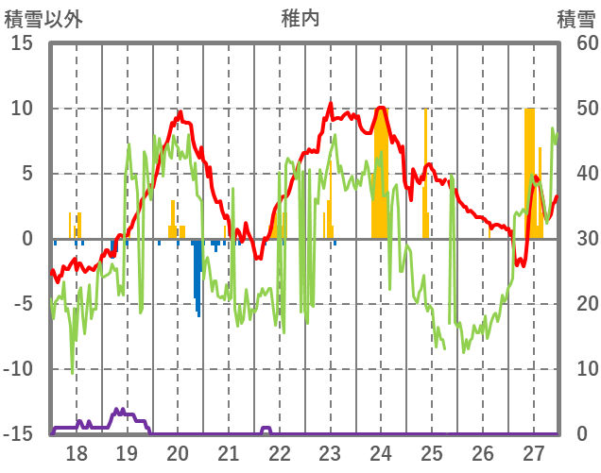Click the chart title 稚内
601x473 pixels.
[300, 18]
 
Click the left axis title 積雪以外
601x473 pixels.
[43, 18]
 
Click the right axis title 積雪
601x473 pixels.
[575, 18]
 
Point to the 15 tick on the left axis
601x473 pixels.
[22, 43]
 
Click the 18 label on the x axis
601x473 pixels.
[77, 452]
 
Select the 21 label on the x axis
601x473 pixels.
[229, 452]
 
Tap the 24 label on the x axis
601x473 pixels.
[381, 452]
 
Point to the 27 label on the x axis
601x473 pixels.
[534, 452]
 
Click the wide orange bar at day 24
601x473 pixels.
[381, 179]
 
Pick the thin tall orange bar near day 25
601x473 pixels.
[426, 170]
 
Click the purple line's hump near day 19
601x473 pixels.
[121, 413]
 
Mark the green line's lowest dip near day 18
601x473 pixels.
[73, 371]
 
